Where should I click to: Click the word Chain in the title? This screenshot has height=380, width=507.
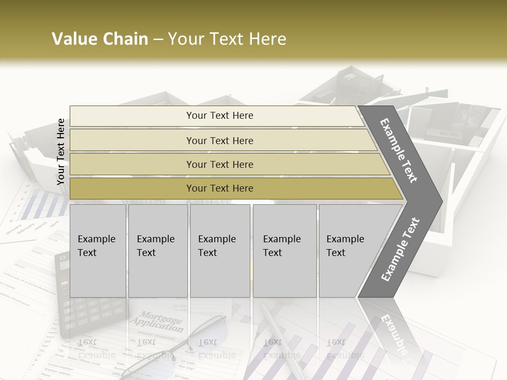pos(125,39)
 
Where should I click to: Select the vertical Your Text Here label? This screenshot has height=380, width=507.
pos(61,151)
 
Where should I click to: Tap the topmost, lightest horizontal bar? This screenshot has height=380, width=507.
pos(219,116)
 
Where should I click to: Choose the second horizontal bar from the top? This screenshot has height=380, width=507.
pos(219,140)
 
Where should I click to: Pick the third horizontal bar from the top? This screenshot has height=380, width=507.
pos(219,164)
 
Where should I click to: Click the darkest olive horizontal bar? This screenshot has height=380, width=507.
pos(219,188)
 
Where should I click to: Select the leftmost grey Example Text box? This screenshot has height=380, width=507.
pos(98,251)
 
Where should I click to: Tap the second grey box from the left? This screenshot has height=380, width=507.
pos(157,251)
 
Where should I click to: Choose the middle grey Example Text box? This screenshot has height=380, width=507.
pos(220,251)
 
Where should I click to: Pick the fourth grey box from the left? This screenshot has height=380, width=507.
pos(285,251)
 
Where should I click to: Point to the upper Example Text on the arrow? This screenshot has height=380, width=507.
pos(399,151)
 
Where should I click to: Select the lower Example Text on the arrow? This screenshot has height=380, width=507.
pos(400,249)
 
